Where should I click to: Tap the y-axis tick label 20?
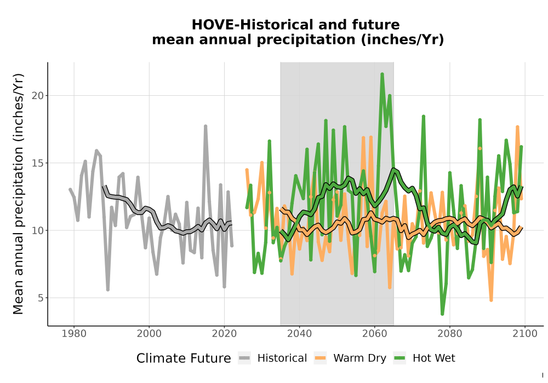[38, 96]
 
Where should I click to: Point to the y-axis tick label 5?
[41, 298]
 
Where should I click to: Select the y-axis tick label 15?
[38, 163]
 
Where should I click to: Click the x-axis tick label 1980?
[74, 334]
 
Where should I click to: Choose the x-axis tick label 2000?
[149, 334]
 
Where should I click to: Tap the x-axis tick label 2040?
[300, 334]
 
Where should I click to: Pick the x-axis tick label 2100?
[525, 334]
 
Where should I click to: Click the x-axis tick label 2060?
[374, 334]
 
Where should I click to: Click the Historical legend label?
[282, 358]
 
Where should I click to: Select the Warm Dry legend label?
[359, 358]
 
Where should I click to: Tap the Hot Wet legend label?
[433, 358]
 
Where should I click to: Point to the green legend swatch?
[399, 358]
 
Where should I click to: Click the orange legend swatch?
[320, 358]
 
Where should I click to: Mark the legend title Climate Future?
[184, 358]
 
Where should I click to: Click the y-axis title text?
[18, 194]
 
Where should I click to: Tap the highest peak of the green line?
[382, 74]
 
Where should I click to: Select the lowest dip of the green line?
[442, 314]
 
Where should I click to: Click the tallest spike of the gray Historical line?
[206, 126]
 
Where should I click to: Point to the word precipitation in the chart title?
[306, 40]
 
